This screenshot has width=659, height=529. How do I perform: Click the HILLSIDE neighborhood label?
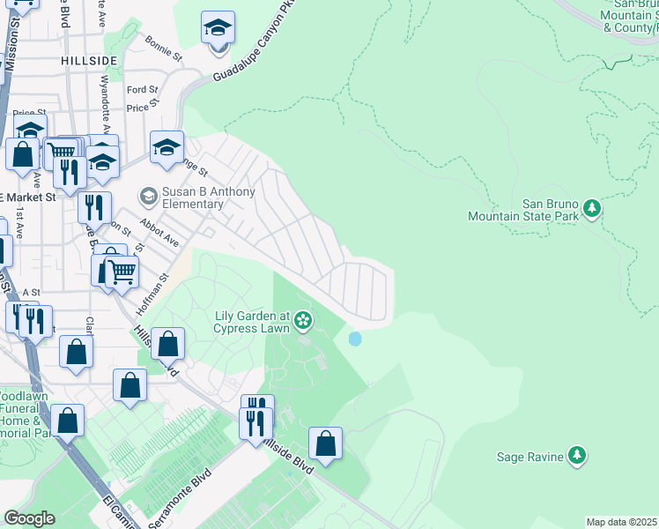(89, 59)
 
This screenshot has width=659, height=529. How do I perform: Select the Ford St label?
(142, 90)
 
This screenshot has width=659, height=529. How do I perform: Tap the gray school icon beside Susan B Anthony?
(148, 194)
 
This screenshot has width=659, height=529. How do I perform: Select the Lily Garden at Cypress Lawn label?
(252, 322)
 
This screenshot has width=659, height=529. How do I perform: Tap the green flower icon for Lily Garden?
(304, 320)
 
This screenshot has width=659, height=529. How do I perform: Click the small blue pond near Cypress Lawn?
(355, 339)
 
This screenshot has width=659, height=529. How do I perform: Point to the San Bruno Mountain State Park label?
(523, 209)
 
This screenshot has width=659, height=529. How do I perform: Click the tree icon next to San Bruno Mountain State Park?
(593, 209)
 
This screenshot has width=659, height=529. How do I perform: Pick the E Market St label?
(28, 197)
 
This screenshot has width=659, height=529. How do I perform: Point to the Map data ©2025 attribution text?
(621, 522)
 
